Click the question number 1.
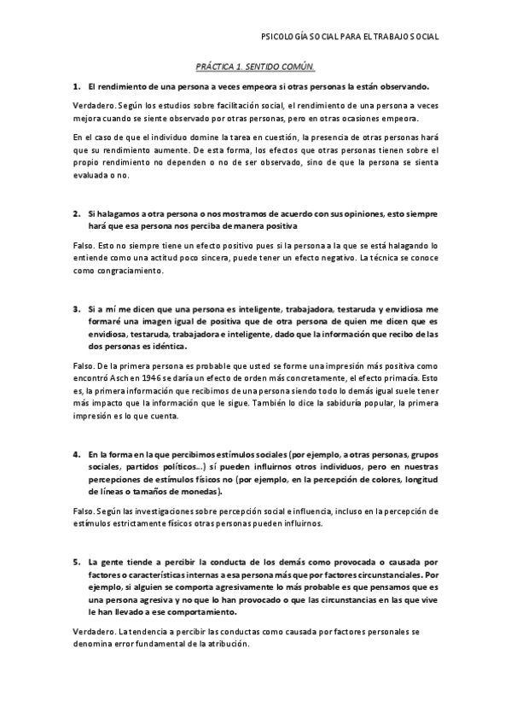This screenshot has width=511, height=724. tap(76, 87)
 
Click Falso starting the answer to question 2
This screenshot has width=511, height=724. tap(84, 244)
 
